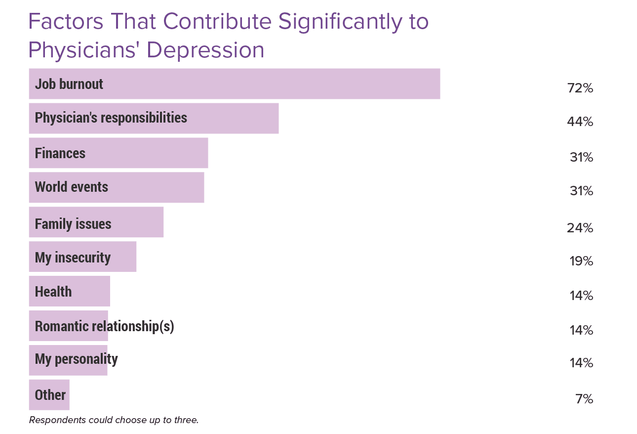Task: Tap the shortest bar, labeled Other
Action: click(x=49, y=395)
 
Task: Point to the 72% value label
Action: click(x=580, y=88)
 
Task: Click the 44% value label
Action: click(x=580, y=122)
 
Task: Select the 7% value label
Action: click(x=584, y=399)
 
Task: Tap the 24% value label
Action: click(x=580, y=228)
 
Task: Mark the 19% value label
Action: click(x=581, y=261)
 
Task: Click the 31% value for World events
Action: click(x=581, y=191)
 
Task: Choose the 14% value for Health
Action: click(x=581, y=296)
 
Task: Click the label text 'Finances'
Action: click(x=60, y=153)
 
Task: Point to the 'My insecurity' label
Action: click(x=73, y=258)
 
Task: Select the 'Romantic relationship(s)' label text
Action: click(x=104, y=326)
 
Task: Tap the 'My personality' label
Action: click(x=76, y=359)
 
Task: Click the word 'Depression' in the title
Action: click(x=205, y=50)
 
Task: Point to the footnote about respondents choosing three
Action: click(x=114, y=420)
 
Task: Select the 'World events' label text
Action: click(x=71, y=187)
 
